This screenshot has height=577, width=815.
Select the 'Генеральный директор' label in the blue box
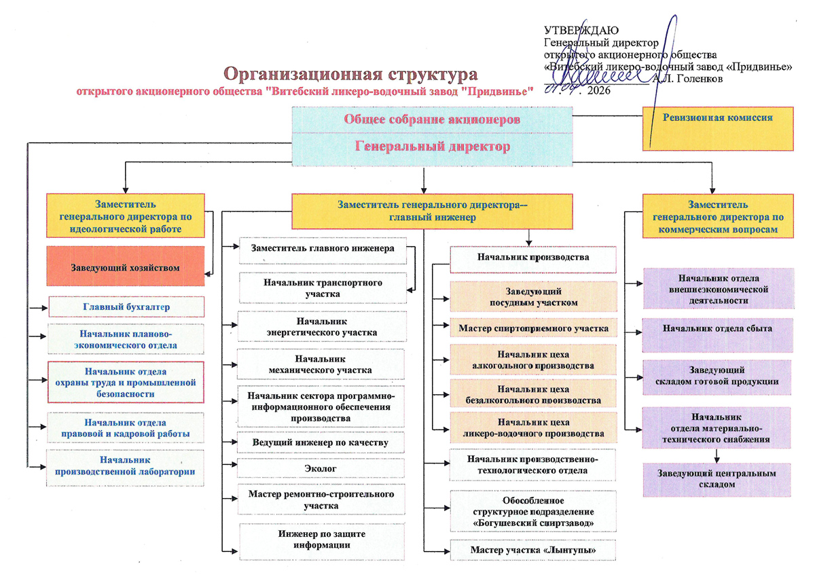433,146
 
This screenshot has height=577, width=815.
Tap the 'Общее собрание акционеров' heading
433,119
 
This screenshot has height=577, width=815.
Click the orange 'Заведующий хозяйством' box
126,268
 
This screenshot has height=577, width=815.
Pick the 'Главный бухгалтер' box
126,307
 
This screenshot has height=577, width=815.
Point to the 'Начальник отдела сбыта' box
717,329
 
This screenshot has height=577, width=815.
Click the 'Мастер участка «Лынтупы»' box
533,549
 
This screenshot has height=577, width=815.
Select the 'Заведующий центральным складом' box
717,479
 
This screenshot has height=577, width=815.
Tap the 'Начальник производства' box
533,258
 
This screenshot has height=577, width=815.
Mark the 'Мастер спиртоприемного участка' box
533,329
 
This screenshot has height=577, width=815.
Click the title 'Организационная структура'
351,73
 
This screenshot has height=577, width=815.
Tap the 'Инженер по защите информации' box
323,540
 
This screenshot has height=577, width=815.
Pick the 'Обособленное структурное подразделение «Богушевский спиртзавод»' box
533,511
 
